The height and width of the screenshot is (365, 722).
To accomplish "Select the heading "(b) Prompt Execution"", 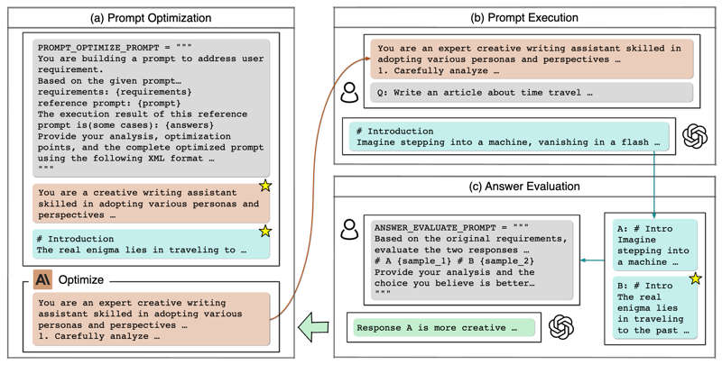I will pos(526,17).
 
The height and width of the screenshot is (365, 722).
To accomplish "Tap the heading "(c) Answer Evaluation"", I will pos(526,187).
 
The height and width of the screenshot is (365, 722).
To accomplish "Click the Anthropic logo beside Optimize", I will pos(42,280).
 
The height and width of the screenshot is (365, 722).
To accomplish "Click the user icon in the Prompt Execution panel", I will pos(348,93).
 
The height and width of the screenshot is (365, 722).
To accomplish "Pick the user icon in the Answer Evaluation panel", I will pos(348,231).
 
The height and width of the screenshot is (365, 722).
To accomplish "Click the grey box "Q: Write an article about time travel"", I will pos(530,93).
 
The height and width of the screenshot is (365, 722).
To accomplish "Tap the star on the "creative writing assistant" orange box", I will pos(264,186).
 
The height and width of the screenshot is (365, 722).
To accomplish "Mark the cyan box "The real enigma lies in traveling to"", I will pos(151,242).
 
